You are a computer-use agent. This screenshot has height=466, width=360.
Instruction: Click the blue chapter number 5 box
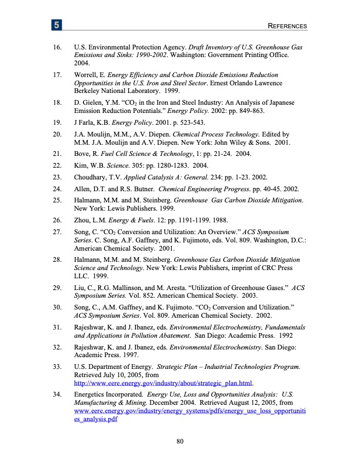56,26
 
